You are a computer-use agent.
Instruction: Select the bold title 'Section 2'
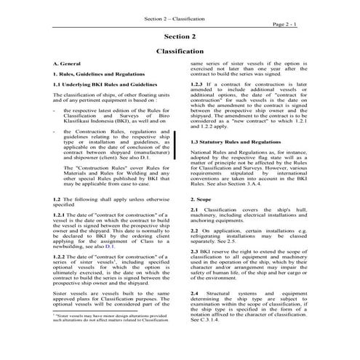[x=180, y=36]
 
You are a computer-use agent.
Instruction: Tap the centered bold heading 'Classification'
[x=180, y=52]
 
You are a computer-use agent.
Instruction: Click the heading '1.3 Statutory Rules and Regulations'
[x=235, y=142]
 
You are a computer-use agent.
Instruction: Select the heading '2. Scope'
[x=201, y=198]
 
